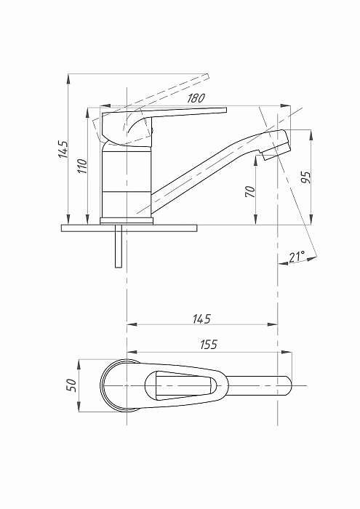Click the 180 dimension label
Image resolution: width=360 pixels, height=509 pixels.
[196, 98]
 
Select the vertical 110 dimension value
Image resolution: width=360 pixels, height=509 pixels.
[83, 166]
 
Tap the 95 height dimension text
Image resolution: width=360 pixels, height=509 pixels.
[305, 177]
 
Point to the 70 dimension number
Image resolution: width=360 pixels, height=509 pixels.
[250, 191]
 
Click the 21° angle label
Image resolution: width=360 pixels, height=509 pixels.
[297, 257]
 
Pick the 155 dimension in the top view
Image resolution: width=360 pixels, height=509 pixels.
[209, 345]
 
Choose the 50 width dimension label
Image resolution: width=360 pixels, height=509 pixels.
[71, 385]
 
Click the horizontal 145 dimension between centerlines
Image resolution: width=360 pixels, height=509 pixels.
[201, 318]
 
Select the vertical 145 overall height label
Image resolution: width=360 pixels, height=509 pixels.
[63, 149]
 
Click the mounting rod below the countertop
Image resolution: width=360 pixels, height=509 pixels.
[119, 246]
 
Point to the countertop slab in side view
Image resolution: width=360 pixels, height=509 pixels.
[129, 228]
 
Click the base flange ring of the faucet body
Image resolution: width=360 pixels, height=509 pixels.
[127, 221]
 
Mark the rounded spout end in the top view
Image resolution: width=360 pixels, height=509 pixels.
[289, 385]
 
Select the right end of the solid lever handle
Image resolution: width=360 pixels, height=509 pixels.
[226, 110]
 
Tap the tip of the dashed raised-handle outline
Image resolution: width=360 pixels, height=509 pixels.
[208, 76]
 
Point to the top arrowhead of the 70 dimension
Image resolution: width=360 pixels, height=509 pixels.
[256, 160]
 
